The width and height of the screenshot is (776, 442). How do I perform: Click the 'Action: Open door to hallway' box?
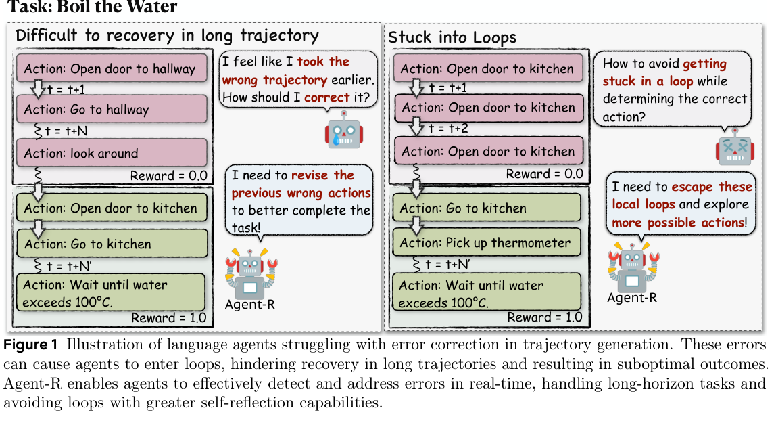click(112, 68)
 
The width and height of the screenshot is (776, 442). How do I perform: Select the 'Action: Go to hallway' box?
click(112, 109)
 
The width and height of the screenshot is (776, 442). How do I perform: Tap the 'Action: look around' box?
click(112, 152)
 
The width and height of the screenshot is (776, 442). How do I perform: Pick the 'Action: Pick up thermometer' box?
click(487, 242)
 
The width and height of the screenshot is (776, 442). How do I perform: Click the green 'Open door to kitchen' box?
click(112, 208)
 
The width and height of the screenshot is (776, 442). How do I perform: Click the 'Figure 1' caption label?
click(30, 345)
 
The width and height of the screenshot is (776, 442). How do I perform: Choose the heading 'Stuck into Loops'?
click(452, 37)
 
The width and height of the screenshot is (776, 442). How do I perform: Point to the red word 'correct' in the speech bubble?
click(326, 97)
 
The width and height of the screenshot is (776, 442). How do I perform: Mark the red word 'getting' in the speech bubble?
click(704, 64)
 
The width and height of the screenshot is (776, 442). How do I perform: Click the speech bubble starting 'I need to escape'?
click(681, 204)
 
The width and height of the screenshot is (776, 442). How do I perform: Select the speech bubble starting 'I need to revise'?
click(299, 200)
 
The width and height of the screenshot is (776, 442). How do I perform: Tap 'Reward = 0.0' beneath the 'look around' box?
click(169, 175)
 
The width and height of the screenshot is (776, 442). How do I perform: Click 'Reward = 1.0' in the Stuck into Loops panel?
click(544, 317)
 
